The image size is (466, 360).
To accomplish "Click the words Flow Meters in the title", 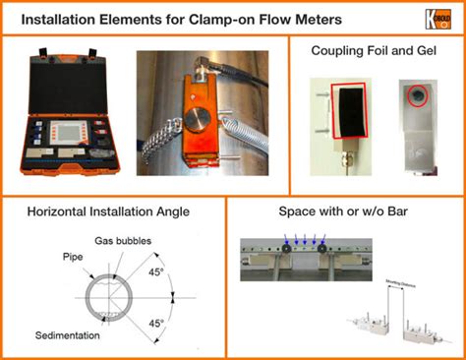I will (278, 18).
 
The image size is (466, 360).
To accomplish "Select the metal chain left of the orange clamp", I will (154, 138).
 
